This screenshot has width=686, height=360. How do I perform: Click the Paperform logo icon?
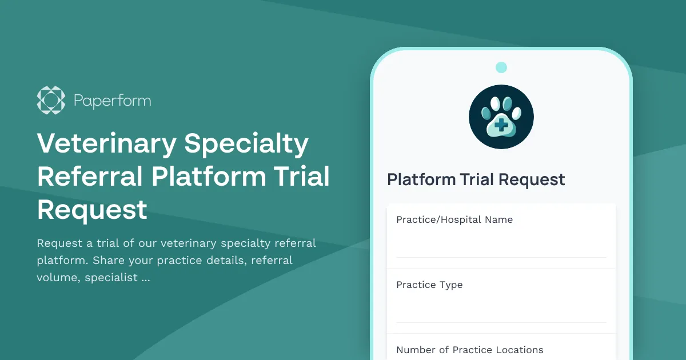pyautogui.click(x=51, y=100)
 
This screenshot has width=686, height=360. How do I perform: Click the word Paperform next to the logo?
pyautogui.click(x=112, y=101)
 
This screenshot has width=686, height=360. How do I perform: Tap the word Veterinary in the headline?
pyautogui.click(x=107, y=144)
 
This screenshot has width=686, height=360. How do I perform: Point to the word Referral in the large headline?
pyautogui.click(x=90, y=177)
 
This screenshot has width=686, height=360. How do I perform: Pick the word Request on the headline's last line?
pyautogui.click(x=92, y=210)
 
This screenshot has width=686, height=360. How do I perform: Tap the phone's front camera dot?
pyautogui.click(x=501, y=67)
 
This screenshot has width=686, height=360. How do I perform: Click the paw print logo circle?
pyautogui.click(x=501, y=117)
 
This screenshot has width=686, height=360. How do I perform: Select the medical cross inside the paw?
pyautogui.click(x=501, y=125)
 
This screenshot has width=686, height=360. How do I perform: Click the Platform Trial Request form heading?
pyautogui.click(x=476, y=179)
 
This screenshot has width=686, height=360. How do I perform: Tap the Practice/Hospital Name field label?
pyautogui.click(x=454, y=219)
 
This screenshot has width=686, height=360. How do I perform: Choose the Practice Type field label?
pyautogui.click(x=429, y=285)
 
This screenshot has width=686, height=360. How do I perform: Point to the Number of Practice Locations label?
pyautogui.click(x=469, y=350)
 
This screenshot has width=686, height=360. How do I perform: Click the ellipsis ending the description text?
pyautogui.click(x=145, y=278)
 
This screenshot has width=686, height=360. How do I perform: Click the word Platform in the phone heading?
pyautogui.click(x=421, y=179)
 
